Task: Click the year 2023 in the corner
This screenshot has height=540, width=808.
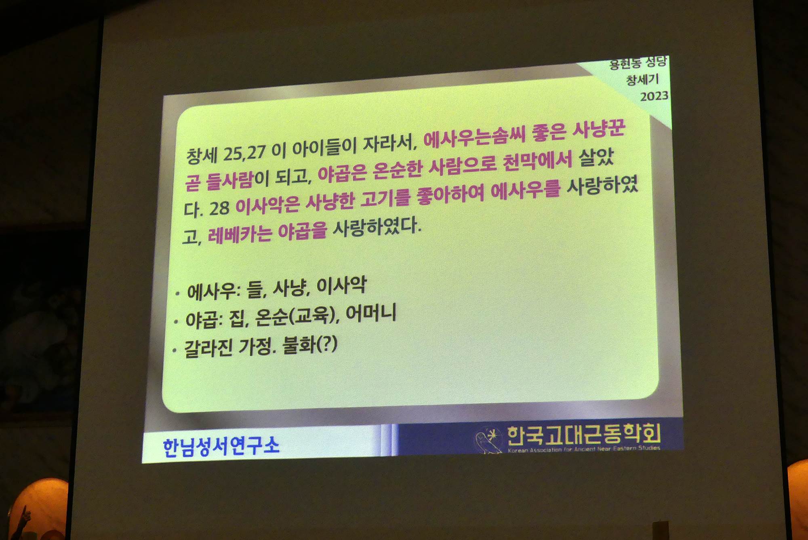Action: pyautogui.click(x=654, y=96)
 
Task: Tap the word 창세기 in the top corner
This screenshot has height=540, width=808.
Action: pyautogui.click(x=642, y=79)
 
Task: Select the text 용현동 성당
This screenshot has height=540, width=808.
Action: pyautogui.click(x=638, y=62)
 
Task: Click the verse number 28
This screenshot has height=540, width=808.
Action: pyautogui.click(x=219, y=208)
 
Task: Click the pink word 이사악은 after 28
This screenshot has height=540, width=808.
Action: pyautogui.click(x=267, y=205)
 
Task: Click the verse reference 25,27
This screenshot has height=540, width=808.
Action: pyautogui.click(x=244, y=153)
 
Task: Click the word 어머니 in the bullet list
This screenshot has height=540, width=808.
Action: pyautogui.click(x=371, y=313)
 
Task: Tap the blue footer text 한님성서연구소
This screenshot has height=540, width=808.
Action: pyautogui.click(x=221, y=447)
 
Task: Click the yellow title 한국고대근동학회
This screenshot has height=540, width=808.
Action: pyautogui.click(x=584, y=434)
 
